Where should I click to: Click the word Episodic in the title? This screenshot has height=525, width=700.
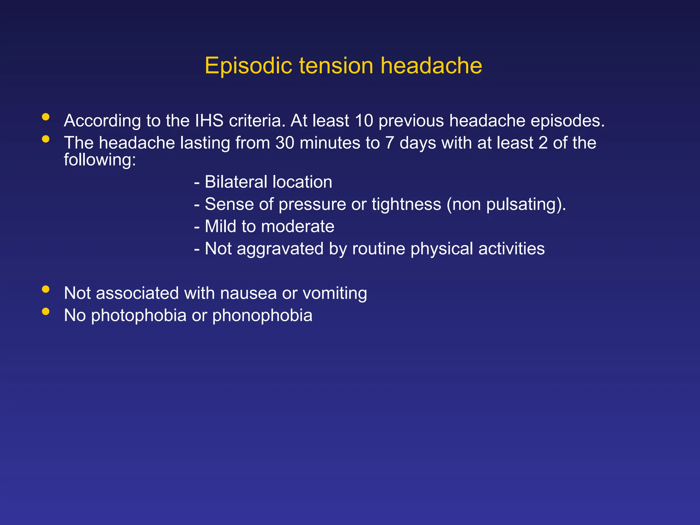[x=248, y=66]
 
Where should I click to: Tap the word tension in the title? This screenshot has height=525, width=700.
[x=336, y=66]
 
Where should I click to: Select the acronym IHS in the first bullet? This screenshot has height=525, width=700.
[x=209, y=121]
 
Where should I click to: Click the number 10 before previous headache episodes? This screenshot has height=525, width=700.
[x=364, y=121]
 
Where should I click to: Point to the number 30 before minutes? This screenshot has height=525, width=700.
[x=285, y=143]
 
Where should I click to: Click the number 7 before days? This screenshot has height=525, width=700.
[x=389, y=143]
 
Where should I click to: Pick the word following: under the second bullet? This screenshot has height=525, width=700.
[x=100, y=160]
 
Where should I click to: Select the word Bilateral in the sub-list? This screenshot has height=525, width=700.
[x=236, y=182]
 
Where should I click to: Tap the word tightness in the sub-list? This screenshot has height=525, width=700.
[x=406, y=204]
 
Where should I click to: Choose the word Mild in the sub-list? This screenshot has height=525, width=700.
[x=220, y=226]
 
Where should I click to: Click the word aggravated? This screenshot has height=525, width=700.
[x=280, y=249]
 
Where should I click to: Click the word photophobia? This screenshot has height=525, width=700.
[x=138, y=315]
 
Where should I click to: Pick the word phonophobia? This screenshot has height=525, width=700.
[x=262, y=315]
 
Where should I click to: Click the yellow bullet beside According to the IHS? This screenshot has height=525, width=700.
[x=45, y=117]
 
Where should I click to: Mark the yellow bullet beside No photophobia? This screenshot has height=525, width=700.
[x=45, y=311]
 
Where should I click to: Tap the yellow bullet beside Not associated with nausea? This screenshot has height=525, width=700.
[x=45, y=289]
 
